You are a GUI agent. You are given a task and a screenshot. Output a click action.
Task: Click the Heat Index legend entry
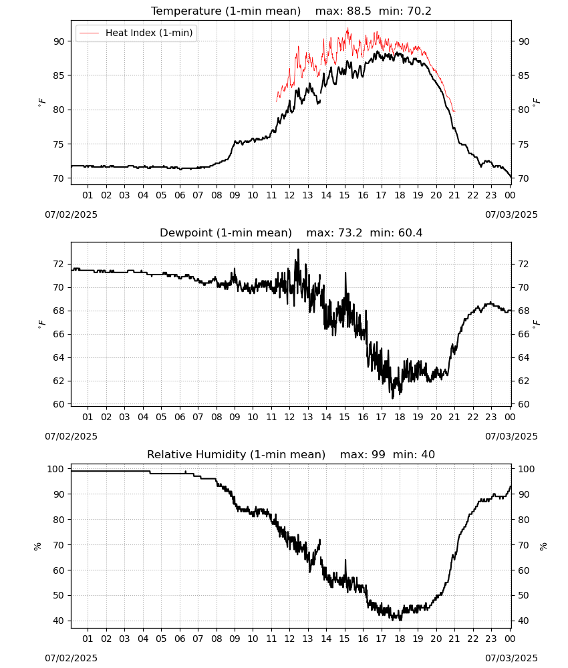pos(136,33)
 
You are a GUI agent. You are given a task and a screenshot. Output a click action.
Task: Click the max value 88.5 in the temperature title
pos(360,11)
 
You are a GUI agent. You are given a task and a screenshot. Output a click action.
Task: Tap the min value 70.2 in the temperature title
pos(419,11)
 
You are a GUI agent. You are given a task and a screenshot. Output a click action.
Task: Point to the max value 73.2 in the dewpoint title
pos(350,233)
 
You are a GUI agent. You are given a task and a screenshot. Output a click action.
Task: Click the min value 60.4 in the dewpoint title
pos(410,233)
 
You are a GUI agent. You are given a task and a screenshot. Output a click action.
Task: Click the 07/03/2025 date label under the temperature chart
pos(511,214)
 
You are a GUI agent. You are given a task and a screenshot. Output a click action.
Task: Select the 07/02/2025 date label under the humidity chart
pos(71,658)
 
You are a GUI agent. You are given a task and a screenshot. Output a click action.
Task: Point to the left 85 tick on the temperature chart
pos(59,75)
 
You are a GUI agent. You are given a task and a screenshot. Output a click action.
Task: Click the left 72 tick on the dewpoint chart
pos(59,264)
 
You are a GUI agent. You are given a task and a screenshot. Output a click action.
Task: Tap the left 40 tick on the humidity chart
pos(59,621)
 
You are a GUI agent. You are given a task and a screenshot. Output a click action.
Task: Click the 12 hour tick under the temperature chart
pos(289,195)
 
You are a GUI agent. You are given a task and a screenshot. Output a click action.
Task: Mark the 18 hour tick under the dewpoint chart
pos(400,417)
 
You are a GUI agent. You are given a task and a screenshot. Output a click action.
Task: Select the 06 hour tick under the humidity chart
pos(179,639)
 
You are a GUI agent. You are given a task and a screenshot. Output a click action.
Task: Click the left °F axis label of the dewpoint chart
pos(41,324)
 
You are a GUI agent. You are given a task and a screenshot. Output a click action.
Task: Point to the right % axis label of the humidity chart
pos(543,546)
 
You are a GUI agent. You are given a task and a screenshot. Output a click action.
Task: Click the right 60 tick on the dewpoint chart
pos(523,404)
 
